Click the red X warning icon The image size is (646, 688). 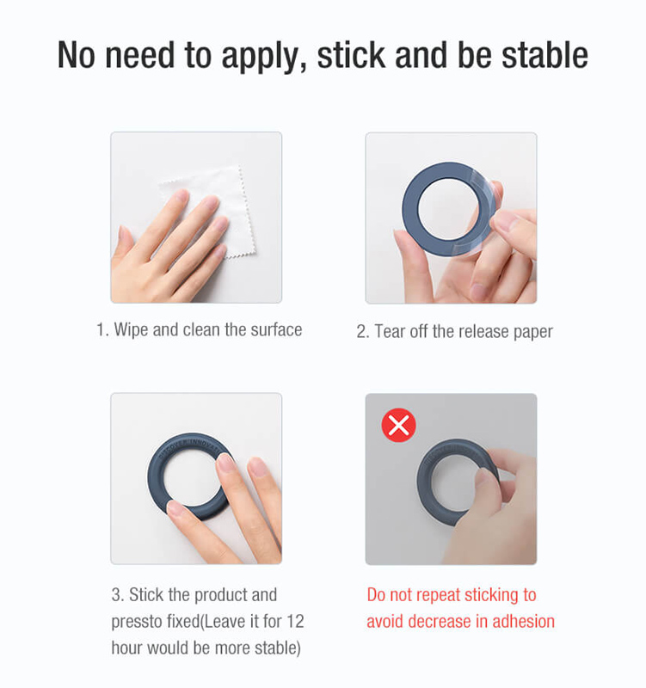[x=398, y=425]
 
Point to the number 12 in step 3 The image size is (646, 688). [x=295, y=621]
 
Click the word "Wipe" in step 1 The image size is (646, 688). [x=131, y=330]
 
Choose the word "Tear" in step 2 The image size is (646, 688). [x=390, y=331]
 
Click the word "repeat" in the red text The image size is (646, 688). [x=439, y=595]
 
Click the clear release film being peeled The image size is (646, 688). [x=483, y=211]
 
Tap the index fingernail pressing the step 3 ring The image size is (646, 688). [x=225, y=462]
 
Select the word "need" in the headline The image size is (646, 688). [x=140, y=55]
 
